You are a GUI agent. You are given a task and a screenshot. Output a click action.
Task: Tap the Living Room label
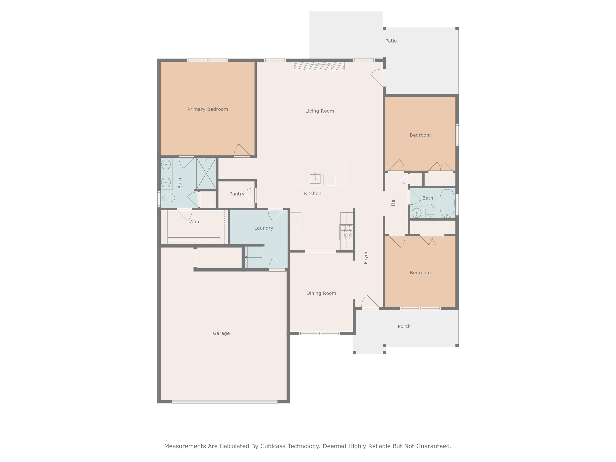(x=319, y=111)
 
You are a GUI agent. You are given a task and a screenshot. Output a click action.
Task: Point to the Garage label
(x=221, y=333)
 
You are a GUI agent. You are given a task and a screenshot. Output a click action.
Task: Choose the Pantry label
(x=237, y=194)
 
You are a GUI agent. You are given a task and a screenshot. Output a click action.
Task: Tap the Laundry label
(x=263, y=228)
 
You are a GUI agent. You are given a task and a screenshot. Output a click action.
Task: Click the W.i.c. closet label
(x=196, y=222)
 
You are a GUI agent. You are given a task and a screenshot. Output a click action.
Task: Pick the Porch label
(x=404, y=326)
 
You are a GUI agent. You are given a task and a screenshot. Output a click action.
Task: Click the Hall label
(x=393, y=202)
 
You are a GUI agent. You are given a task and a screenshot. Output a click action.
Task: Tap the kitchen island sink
(x=315, y=179)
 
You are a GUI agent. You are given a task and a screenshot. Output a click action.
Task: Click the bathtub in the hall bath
(x=447, y=203)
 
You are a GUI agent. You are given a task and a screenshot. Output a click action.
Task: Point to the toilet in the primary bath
(x=168, y=198)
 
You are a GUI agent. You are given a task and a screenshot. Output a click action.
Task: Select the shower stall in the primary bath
(x=206, y=173)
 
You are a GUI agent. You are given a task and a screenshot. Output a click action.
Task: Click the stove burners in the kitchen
(x=346, y=232)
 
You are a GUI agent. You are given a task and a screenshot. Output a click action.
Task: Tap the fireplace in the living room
(x=319, y=66)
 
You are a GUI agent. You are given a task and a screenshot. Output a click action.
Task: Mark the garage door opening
(x=225, y=402)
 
